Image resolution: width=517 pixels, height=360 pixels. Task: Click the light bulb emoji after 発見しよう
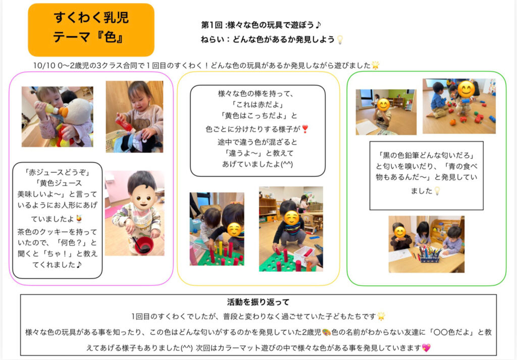click(x=340, y=39)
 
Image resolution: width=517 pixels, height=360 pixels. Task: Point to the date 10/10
click(x=42, y=65)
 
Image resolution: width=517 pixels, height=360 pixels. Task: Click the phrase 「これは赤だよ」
click(x=258, y=105)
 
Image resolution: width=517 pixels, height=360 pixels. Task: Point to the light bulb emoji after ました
click(x=437, y=191)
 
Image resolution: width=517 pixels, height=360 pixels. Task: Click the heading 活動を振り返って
click(x=258, y=302)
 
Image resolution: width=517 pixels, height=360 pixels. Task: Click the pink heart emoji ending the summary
click(x=427, y=347)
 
